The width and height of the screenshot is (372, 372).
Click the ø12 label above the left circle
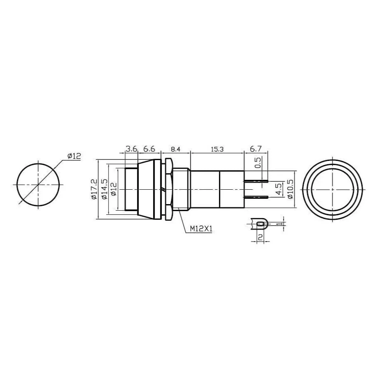point(74,156)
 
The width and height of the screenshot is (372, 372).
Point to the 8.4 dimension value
point(176,149)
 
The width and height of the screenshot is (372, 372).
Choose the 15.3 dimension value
point(217,149)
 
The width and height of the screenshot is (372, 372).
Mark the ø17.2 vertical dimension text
point(94,189)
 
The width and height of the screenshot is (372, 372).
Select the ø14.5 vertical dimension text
point(104,189)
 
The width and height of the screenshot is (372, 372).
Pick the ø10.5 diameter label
point(290,189)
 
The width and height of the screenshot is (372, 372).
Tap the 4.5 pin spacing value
point(279,189)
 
